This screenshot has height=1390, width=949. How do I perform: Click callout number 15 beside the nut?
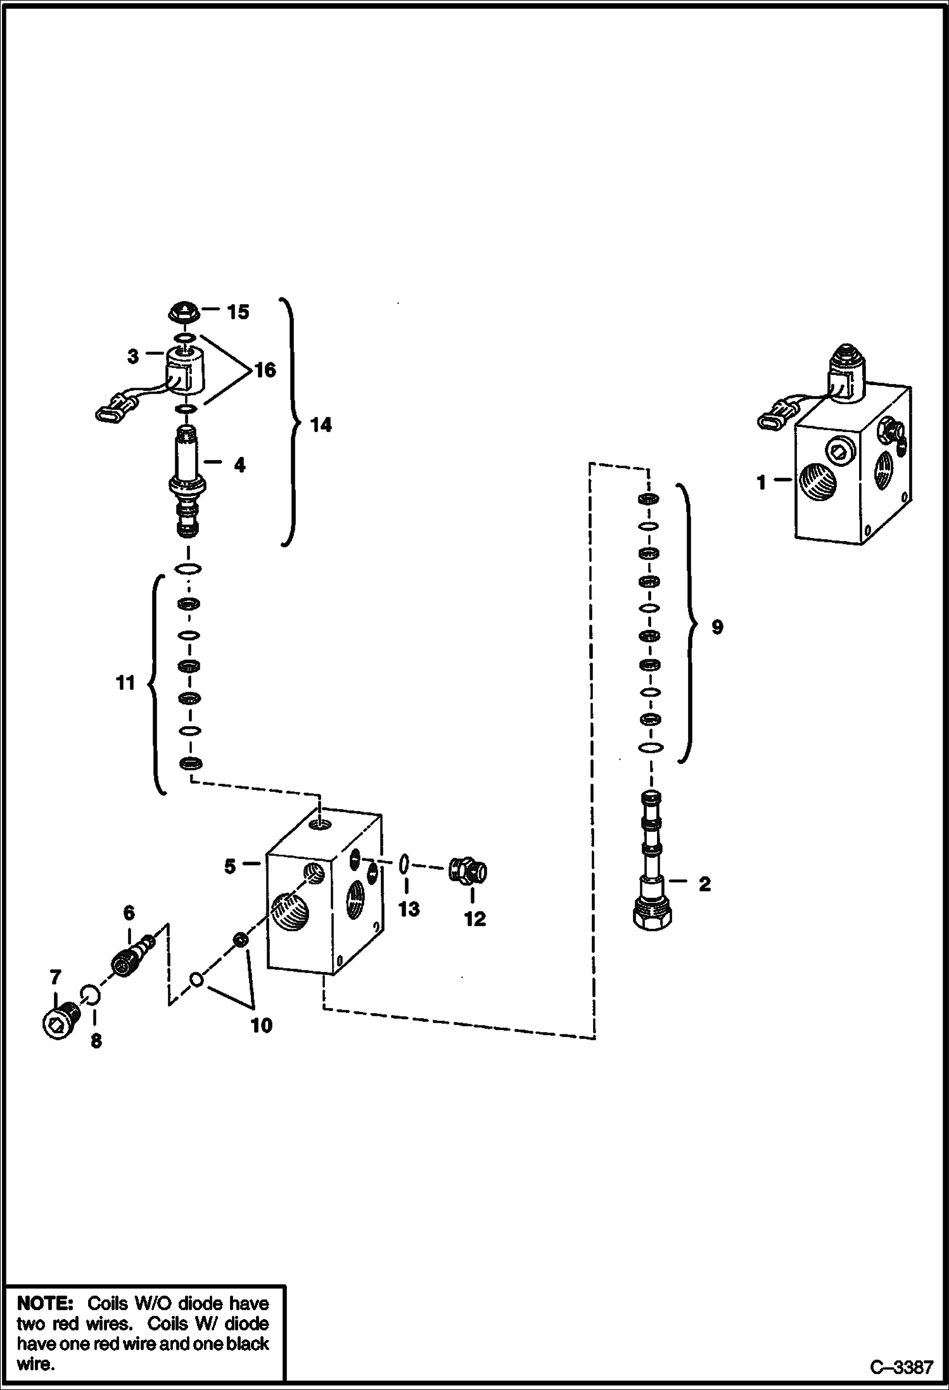(238, 312)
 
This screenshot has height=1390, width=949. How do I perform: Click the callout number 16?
(265, 369)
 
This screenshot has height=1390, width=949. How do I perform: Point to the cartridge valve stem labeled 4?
(187, 475)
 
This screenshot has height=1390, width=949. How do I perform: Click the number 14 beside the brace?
(321, 424)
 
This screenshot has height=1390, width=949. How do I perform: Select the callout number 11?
(125, 683)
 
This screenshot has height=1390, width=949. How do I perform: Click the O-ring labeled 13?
(404, 864)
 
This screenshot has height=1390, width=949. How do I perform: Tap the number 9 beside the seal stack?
(717, 627)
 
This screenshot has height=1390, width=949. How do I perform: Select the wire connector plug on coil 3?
(111, 412)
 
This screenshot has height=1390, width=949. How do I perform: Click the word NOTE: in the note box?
(46, 1304)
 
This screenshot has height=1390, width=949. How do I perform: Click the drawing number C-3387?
(901, 1368)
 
